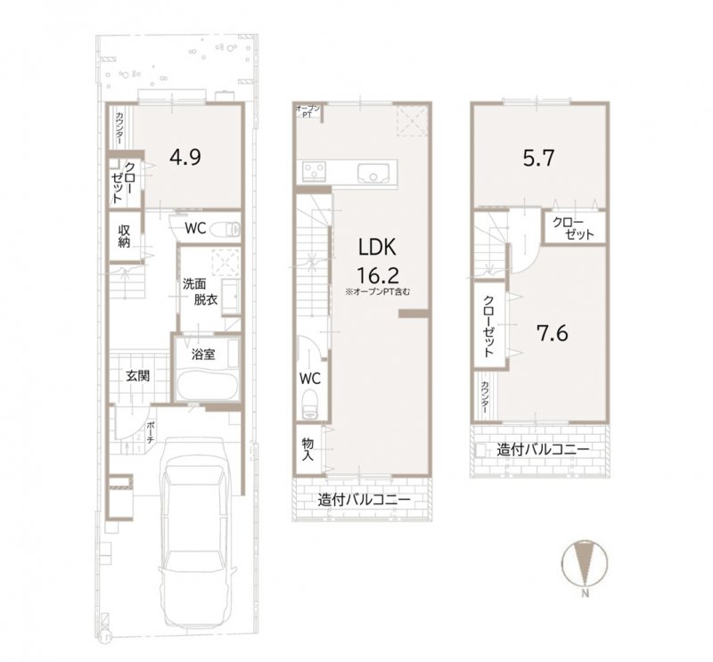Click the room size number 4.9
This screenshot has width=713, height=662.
point(185,157)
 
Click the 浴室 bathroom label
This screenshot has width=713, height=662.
point(203,355)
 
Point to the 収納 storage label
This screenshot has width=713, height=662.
point(125,235)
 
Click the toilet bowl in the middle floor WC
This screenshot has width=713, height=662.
point(308,411)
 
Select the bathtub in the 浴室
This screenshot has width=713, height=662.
point(205,385)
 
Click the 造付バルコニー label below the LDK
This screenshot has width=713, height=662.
point(365,501)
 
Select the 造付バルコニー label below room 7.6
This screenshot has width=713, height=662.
point(543,450)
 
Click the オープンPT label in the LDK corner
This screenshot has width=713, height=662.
point(308,111)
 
